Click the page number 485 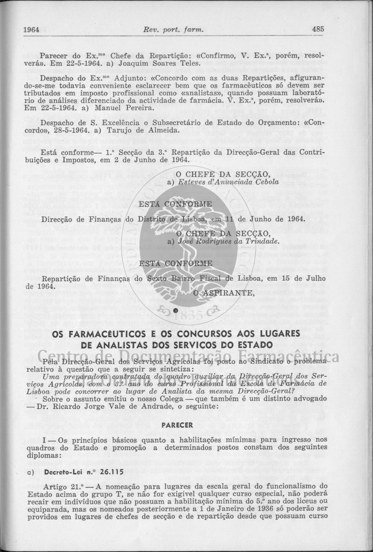point(318,29)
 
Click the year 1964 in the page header point(32,30)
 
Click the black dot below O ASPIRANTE point(175,310)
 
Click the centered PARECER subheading point(176,424)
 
